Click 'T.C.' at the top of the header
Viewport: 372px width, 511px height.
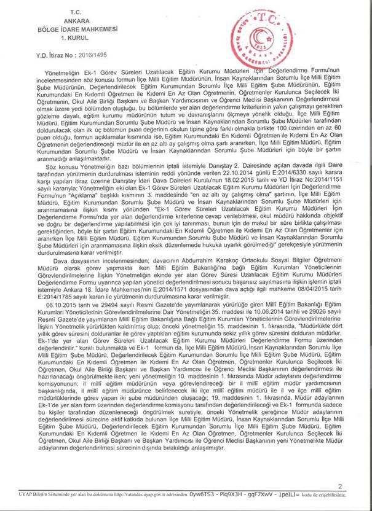point(75,12)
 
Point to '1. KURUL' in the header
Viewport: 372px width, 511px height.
point(75,35)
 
